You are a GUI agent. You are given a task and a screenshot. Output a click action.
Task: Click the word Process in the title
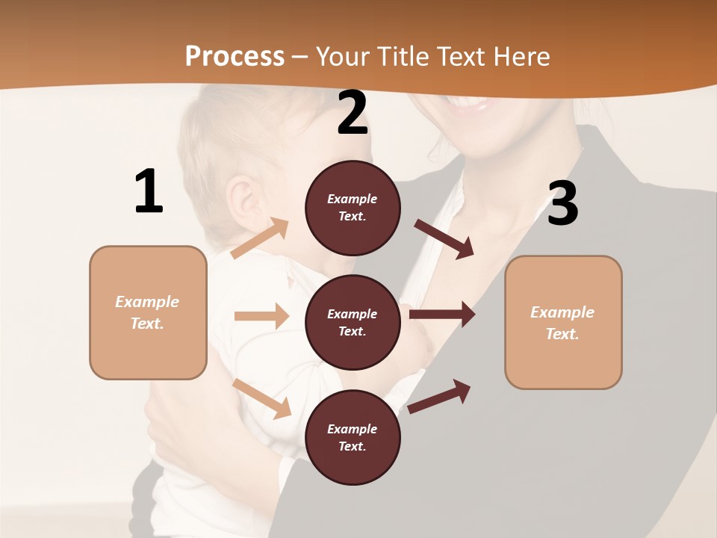[x=235, y=56]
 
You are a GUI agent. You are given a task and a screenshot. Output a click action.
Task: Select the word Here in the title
[x=520, y=56]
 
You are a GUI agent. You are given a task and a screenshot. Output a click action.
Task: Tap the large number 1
[x=149, y=192]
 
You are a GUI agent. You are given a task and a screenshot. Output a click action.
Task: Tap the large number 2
[x=353, y=114]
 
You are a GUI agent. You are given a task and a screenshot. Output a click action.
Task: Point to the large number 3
[x=562, y=203]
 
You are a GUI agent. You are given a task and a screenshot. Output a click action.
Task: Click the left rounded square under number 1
[x=148, y=312]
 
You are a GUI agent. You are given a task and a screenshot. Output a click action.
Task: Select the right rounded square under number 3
[x=563, y=322]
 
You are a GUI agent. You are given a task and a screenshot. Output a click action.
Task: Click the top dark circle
[x=353, y=208]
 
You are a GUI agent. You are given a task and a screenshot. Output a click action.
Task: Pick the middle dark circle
[x=353, y=322]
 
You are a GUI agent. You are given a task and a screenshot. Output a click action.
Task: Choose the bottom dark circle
[x=353, y=437]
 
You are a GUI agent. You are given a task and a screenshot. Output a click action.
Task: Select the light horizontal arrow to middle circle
[x=261, y=316]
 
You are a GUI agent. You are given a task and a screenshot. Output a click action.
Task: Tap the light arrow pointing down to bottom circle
[x=262, y=398]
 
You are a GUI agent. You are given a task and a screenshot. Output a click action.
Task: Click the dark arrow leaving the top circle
[x=445, y=239]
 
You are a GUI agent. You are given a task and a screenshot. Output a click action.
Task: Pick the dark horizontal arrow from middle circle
[x=442, y=314]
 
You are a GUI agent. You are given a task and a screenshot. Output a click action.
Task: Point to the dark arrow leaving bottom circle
[x=440, y=396]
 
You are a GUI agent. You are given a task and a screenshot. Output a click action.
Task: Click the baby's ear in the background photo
[x=241, y=200]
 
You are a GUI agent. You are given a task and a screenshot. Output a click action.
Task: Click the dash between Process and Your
[x=300, y=58]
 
